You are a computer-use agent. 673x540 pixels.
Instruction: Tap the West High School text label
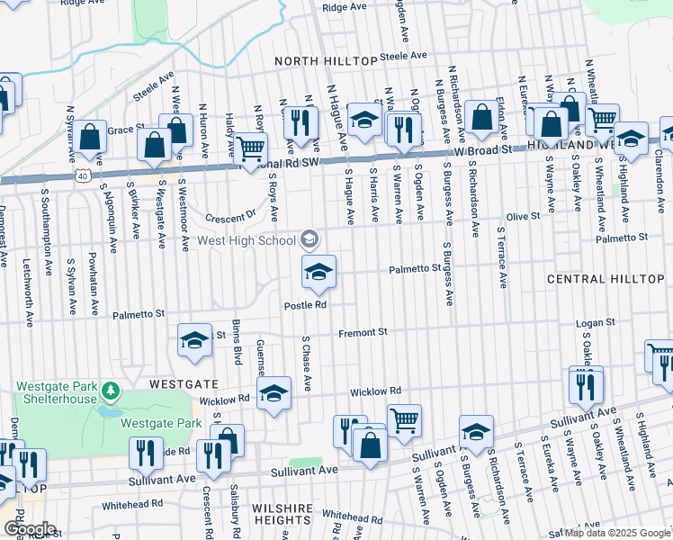point(246,240)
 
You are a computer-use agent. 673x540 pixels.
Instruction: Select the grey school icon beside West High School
point(309,238)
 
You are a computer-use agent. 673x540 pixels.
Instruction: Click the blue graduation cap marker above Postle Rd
point(318,272)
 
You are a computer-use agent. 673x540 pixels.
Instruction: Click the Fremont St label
point(362,333)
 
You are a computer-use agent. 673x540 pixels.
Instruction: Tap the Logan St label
point(596,321)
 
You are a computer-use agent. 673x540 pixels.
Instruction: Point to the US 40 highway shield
point(82,175)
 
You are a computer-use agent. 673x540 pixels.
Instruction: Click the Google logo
point(29,529)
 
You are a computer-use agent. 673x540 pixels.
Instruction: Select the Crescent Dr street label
point(229,217)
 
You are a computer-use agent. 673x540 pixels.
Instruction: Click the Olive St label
point(523,216)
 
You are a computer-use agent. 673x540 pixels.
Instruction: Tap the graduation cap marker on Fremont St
point(193,340)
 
